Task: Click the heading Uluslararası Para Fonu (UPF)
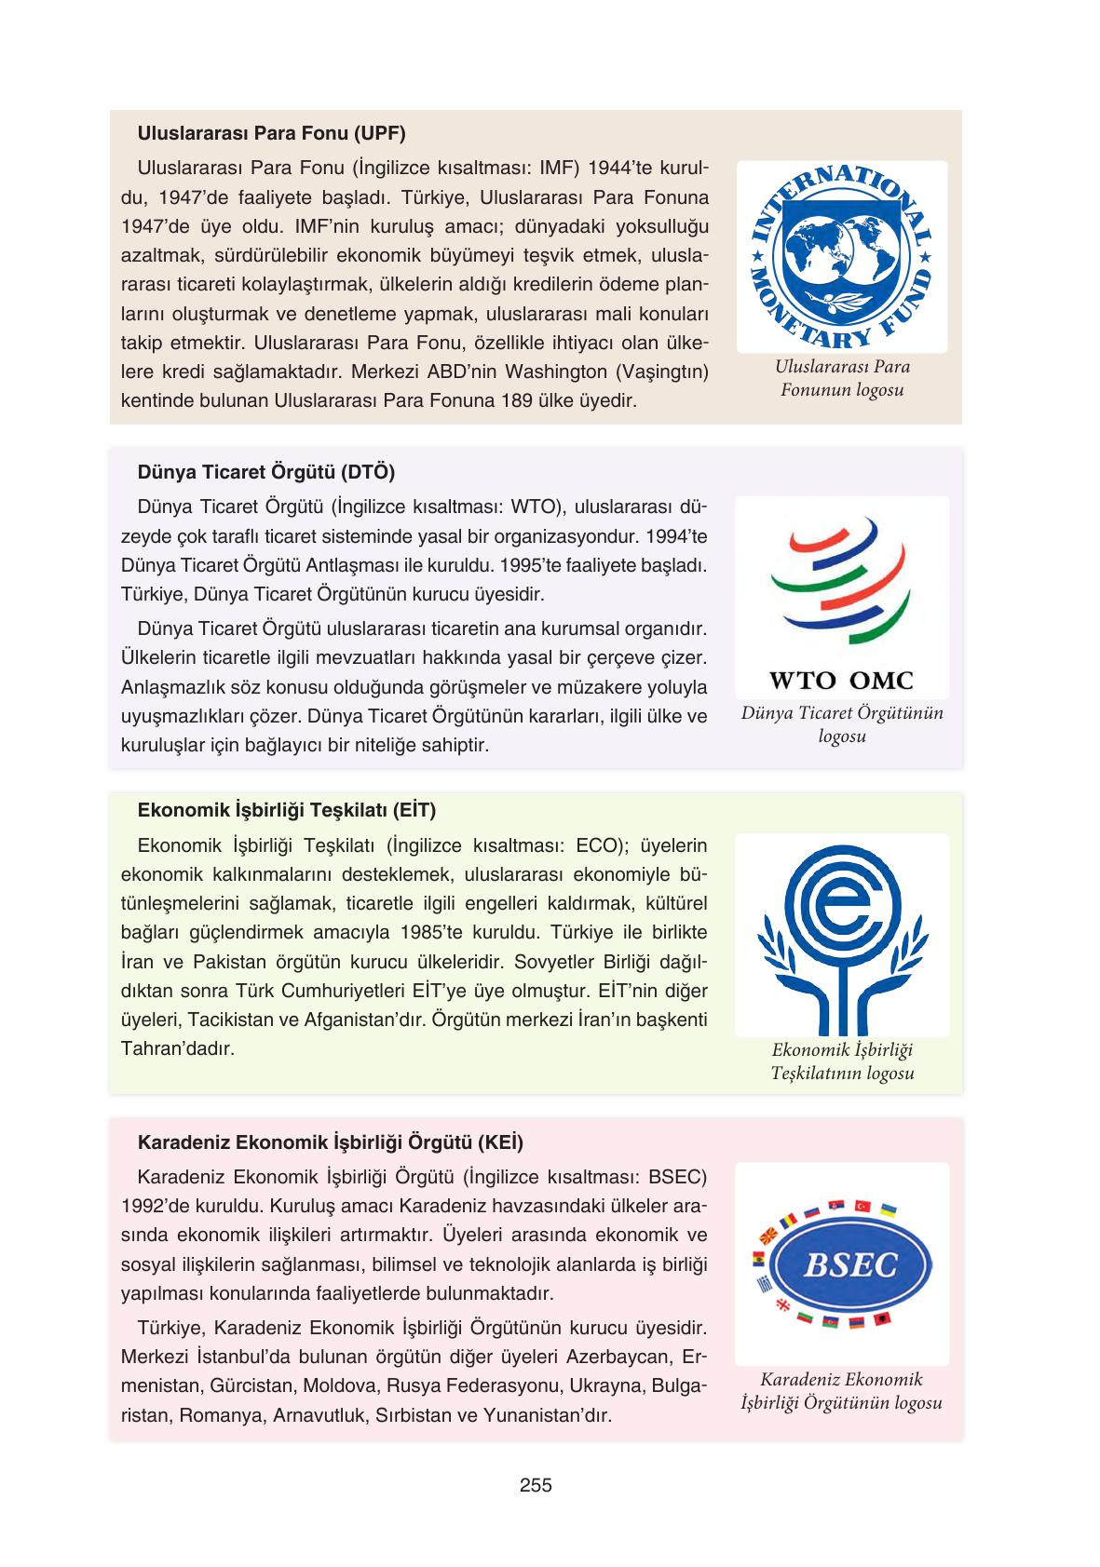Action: (x=271, y=133)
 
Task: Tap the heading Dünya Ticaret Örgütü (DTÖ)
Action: (x=265, y=472)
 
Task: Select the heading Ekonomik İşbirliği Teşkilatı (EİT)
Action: (x=286, y=810)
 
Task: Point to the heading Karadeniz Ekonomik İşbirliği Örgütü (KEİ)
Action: (x=330, y=1142)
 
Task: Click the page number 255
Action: (x=536, y=1486)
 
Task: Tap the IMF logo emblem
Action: (x=841, y=256)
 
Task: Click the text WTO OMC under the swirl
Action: (x=841, y=681)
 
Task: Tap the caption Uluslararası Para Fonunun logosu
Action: (x=842, y=377)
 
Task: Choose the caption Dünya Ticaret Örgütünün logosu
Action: (x=842, y=724)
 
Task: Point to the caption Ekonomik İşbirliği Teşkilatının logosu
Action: (x=842, y=1061)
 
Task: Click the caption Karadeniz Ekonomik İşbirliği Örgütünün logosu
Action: (x=841, y=1391)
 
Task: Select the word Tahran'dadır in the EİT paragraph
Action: (x=177, y=1048)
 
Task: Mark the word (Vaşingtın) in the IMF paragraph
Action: (x=661, y=372)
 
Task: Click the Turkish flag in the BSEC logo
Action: (x=862, y=1206)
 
